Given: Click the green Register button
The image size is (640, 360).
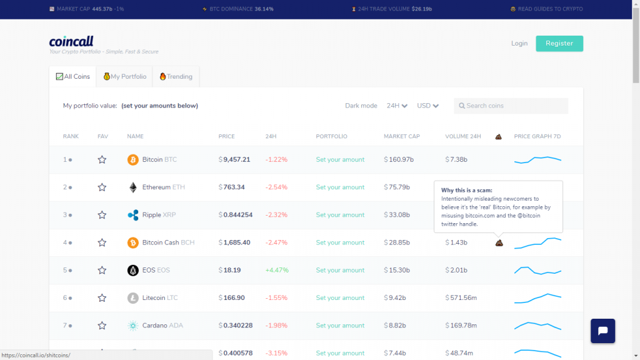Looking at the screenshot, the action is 559,43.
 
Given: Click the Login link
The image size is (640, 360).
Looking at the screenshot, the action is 519,43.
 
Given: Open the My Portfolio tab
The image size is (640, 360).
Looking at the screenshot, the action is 124,77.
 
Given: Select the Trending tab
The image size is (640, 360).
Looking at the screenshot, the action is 176,77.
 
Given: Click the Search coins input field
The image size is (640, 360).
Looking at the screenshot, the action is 511,106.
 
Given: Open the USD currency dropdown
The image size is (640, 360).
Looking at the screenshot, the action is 427,106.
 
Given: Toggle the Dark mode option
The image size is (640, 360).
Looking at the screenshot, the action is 361,106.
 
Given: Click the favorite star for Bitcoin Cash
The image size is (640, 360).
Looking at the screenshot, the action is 102,242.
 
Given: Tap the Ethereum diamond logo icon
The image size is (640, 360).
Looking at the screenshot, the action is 132,187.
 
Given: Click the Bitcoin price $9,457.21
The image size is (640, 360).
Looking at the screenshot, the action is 234,159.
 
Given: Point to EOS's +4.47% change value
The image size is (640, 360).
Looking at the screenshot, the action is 277,270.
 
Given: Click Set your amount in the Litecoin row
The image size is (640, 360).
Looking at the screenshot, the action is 340,298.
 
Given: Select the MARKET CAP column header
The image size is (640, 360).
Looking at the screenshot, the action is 402,136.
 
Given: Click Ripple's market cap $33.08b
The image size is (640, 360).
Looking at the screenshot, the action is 397,215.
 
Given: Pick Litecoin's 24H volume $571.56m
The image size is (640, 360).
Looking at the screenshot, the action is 461,298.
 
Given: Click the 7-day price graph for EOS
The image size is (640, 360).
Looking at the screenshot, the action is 537,270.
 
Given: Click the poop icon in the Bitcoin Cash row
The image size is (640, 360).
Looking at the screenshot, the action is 499,243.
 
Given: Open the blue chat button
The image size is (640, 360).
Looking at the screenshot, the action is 602,331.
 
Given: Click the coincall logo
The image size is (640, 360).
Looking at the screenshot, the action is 71,41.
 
